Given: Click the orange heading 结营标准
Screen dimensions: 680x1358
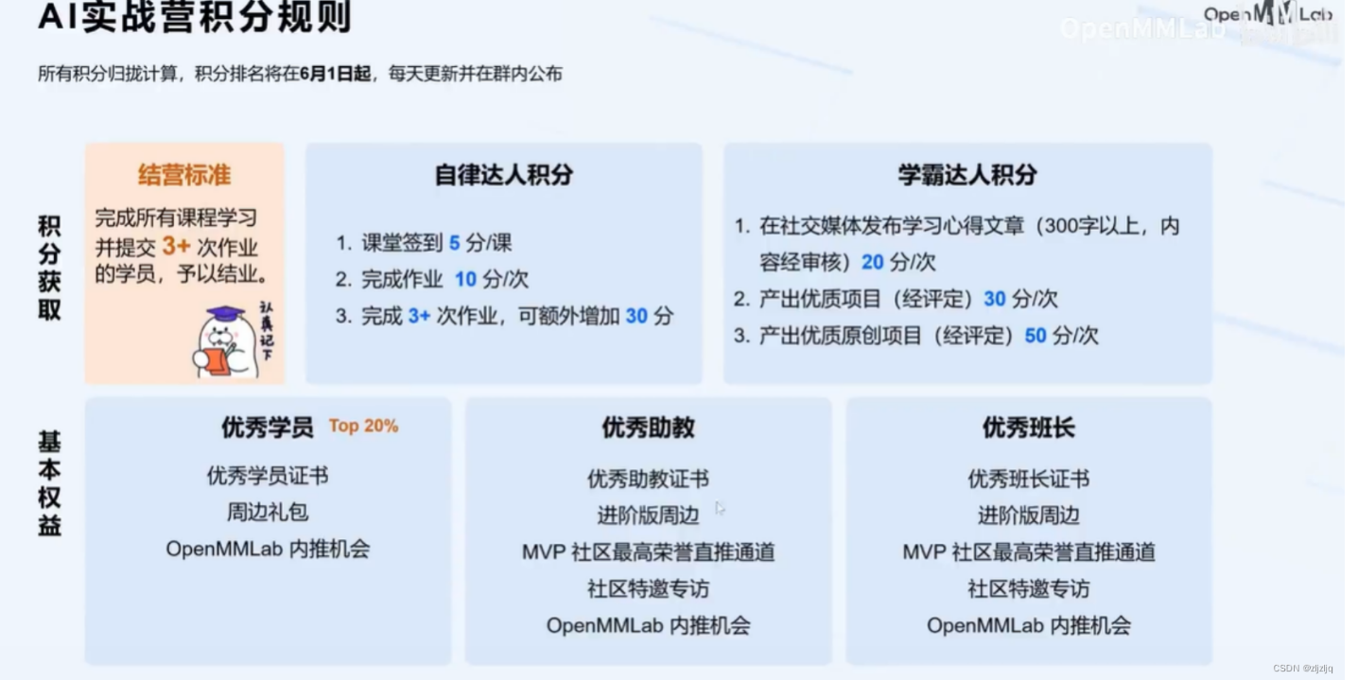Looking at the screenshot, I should point(184,175).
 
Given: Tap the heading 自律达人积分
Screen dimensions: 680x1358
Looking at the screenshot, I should point(504,175).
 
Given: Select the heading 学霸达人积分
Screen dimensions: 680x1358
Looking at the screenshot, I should point(967,175).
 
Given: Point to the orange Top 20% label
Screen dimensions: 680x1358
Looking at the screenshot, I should point(363,427).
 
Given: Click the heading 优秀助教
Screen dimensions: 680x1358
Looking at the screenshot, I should point(648,427).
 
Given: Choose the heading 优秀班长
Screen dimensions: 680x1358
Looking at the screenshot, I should point(1028,427).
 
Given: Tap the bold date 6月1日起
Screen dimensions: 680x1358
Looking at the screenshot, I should point(335,74).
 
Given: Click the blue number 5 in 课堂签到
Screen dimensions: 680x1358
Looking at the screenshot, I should point(454,243).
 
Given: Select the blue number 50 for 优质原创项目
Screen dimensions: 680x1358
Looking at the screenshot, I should point(1036,336).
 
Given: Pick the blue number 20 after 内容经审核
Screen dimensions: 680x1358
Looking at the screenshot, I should point(872,262).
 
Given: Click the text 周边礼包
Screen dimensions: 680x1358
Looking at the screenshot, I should point(268,513).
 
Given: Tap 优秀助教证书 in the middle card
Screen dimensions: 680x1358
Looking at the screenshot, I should point(648,479).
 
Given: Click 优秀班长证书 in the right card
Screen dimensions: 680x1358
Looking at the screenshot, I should point(1028,479).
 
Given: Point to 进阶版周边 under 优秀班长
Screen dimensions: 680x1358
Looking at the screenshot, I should point(1028,515).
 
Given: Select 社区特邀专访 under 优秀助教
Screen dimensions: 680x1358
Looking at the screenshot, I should point(648,589).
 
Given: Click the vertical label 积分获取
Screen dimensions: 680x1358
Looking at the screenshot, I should point(49,268).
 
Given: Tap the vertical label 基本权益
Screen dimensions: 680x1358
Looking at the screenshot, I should point(49,483).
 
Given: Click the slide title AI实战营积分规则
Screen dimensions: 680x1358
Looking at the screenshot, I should point(195,17).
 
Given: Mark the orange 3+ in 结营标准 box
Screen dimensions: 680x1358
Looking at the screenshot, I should point(176,247).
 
